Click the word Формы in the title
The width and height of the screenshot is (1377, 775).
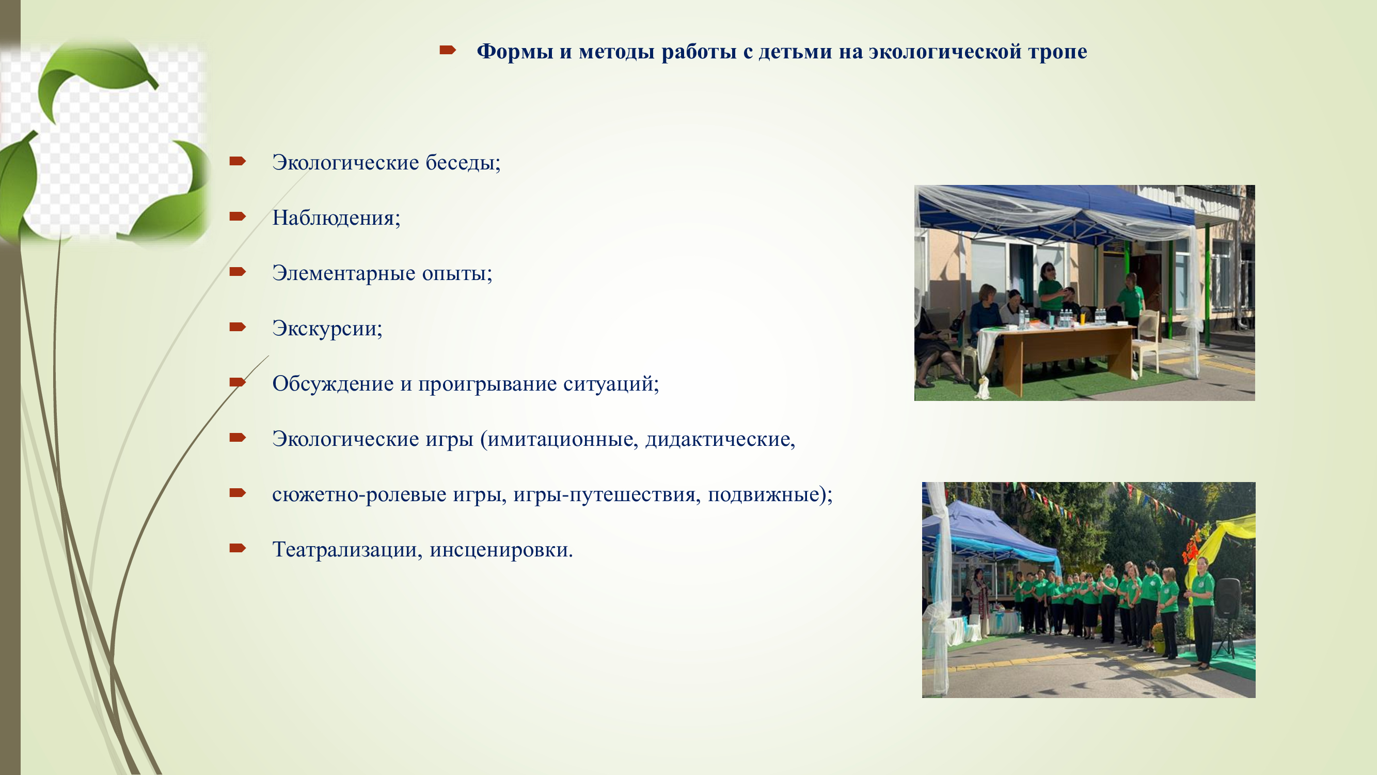click(x=515, y=51)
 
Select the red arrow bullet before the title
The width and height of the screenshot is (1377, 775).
click(x=448, y=50)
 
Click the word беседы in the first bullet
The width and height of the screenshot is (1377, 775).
click(x=463, y=162)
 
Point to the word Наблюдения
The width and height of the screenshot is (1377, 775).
click(x=336, y=218)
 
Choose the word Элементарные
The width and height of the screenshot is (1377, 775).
click(x=344, y=273)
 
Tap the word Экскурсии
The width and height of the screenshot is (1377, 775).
click(x=327, y=329)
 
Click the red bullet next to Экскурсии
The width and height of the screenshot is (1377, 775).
click(x=238, y=327)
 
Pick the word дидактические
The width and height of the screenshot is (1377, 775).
click(x=720, y=439)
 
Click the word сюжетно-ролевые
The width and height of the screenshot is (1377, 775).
click(x=359, y=495)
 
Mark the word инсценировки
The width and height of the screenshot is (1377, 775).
click(x=501, y=550)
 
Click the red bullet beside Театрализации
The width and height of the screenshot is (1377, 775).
click(x=238, y=548)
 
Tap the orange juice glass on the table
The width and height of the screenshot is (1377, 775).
click(x=1082, y=318)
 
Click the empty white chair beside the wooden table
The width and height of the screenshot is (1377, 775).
click(x=1145, y=343)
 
